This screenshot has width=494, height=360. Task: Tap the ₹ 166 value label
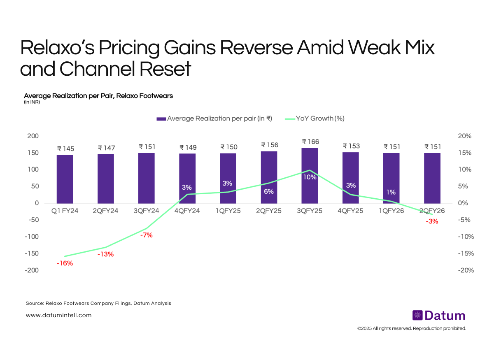[310, 142]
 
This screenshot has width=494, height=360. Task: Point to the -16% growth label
[65, 263]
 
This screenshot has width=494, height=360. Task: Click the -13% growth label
[105, 254]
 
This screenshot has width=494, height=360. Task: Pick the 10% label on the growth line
[310, 177]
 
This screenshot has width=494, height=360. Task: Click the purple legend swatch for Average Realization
[161, 119]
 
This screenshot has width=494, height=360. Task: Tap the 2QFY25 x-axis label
[269, 211]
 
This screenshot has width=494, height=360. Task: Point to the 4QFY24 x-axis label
[187, 211]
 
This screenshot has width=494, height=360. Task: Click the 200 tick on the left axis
[33, 136]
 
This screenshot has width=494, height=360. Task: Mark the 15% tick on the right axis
[466, 153]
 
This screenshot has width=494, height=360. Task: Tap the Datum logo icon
[417, 316]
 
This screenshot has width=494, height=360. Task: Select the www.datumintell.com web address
[58, 316]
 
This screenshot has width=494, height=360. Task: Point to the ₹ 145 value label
[65, 149]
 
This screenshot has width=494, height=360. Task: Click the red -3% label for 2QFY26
[432, 221]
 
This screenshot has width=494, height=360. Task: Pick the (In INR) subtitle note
[32, 102]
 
